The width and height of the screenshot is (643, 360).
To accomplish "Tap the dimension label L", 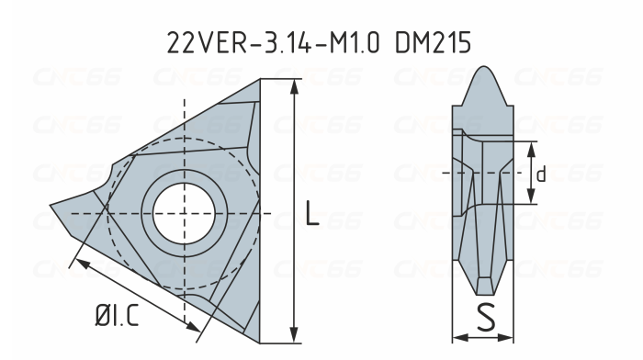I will (312, 216).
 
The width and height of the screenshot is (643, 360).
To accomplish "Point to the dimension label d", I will (542, 174).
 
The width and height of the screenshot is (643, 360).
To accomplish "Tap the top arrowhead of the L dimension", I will (294, 86).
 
